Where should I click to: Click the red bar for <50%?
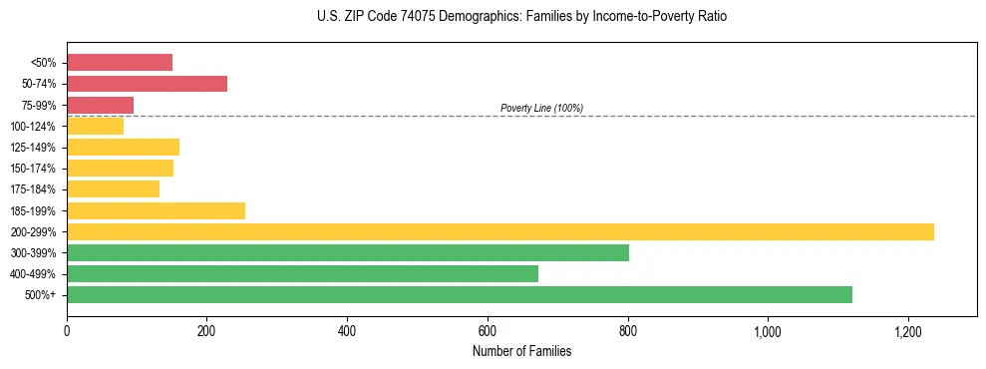[x=120, y=63]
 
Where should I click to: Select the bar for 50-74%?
[x=148, y=84]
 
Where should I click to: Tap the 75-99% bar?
[x=101, y=105]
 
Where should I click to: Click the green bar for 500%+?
[x=460, y=294]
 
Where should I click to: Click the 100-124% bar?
[x=96, y=126]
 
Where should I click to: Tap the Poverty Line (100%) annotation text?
[x=541, y=108]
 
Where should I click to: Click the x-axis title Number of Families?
[x=521, y=351]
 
